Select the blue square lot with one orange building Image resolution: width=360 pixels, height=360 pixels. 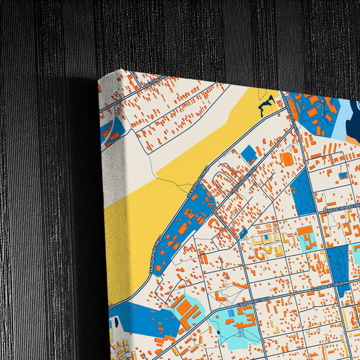coord(249,153)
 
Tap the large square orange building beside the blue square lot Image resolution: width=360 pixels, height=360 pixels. coord(286,159)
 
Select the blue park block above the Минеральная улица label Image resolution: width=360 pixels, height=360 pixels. coord(302,189)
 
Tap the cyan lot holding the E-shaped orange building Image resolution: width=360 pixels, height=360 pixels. coord(306,238)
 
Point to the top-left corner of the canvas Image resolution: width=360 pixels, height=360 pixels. coord(99,76)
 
